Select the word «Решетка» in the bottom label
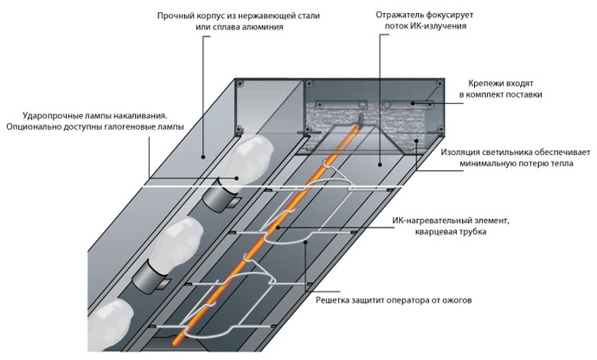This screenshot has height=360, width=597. (x=331, y=300)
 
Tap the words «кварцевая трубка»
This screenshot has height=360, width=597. (x=451, y=232)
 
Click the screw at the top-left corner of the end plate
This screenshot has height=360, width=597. (x=240, y=83)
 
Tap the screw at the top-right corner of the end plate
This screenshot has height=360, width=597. (x=440, y=83)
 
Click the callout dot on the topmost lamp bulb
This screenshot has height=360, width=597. (x=237, y=177)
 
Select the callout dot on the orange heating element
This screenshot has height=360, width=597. (x=279, y=228)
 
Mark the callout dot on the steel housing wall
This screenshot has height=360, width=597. (x=203, y=157)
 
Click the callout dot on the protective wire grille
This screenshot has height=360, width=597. (x=305, y=241)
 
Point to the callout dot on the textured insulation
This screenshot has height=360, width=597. (x=416, y=140)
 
